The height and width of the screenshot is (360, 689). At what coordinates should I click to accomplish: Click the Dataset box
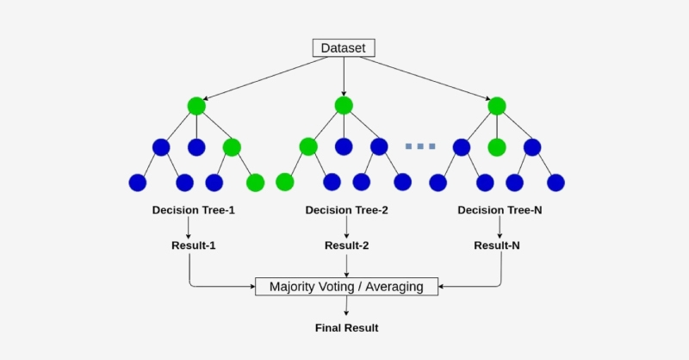coord(344,48)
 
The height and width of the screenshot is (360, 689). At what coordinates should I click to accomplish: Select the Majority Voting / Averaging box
coord(346,286)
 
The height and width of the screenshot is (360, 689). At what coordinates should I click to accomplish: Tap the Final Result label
coord(345,328)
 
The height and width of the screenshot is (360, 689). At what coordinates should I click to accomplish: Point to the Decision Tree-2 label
coord(346,210)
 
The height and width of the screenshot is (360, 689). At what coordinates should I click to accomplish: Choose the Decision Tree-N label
coord(500,210)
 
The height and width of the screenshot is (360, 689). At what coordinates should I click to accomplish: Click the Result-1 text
coord(193,245)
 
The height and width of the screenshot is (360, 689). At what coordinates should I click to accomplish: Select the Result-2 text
coord(346,245)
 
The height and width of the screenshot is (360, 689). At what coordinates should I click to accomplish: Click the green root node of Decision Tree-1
coord(196,106)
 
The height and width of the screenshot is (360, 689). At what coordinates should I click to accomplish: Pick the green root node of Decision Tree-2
coord(344,105)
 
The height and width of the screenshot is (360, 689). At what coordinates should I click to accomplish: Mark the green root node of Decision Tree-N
coord(496,106)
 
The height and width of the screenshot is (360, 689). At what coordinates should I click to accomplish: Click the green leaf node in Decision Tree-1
coord(255,183)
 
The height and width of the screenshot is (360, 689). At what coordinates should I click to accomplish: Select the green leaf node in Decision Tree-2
coord(285,183)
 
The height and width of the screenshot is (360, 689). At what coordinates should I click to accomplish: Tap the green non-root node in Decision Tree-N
coord(496,147)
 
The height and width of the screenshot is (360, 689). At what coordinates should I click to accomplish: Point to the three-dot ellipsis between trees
coord(420,146)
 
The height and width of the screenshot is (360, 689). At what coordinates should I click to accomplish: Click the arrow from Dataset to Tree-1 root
coord(258,78)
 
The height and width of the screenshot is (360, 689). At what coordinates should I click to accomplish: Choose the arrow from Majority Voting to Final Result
coord(346,305)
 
